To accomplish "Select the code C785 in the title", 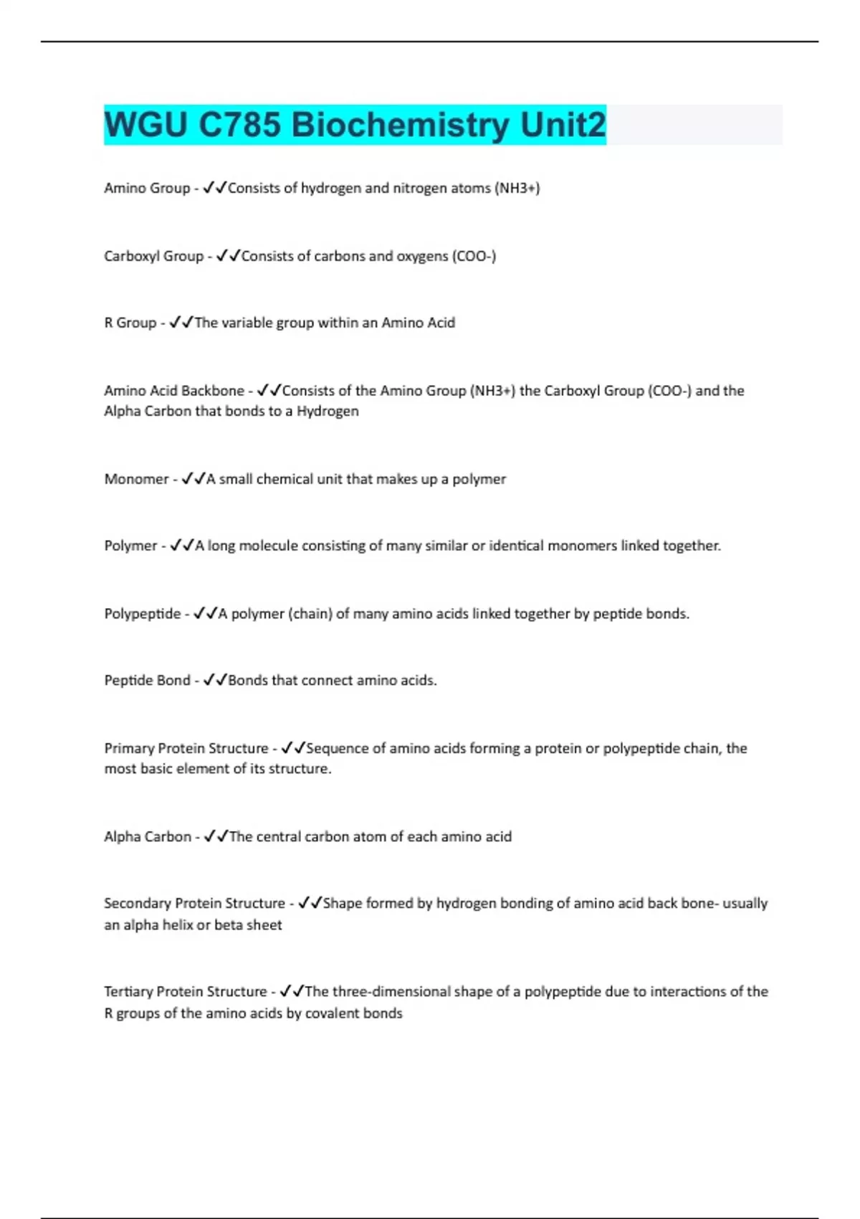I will click(x=239, y=125).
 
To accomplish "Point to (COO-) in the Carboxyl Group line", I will click(x=474, y=256).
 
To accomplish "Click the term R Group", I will click(x=130, y=323).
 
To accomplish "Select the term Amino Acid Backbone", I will click(x=174, y=391).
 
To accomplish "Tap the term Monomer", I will click(x=136, y=479).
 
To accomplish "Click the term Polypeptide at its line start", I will click(x=143, y=614).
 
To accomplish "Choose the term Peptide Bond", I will click(x=147, y=680).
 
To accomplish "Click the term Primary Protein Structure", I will click(x=186, y=749).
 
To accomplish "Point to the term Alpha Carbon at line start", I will click(x=148, y=837).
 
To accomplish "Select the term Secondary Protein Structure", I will click(x=194, y=903).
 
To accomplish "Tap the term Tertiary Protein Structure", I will click(x=186, y=992).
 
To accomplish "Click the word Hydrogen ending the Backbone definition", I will click(x=328, y=412).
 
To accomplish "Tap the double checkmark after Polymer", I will click(x=182, y=546).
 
